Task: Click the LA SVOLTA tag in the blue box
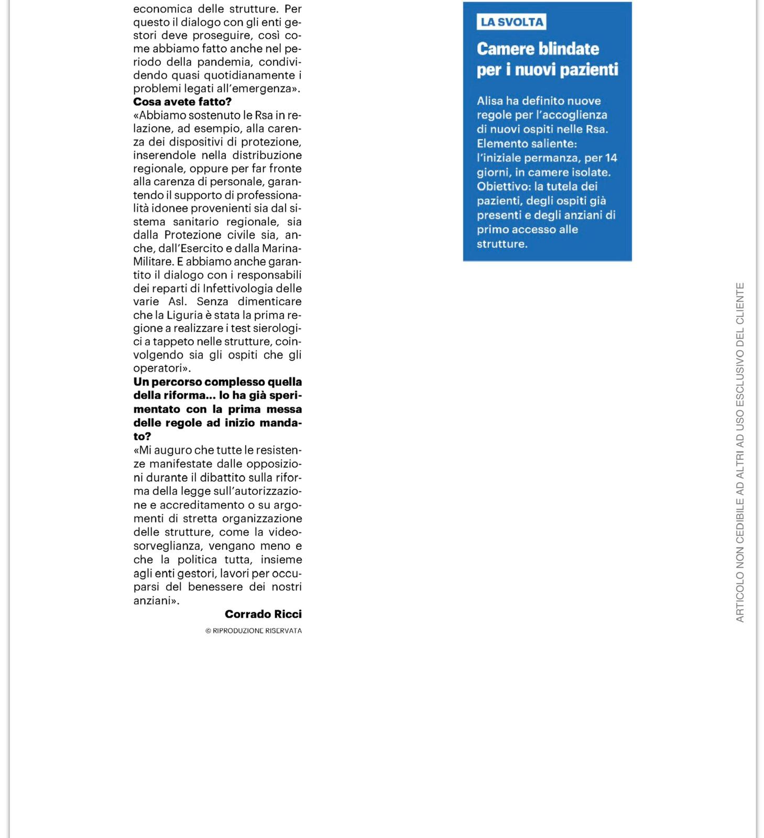512,22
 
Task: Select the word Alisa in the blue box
489,101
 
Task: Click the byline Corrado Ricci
263,614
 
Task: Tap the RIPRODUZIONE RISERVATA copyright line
254,631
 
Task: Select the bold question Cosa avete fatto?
182,102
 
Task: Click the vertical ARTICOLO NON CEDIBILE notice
740,453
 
